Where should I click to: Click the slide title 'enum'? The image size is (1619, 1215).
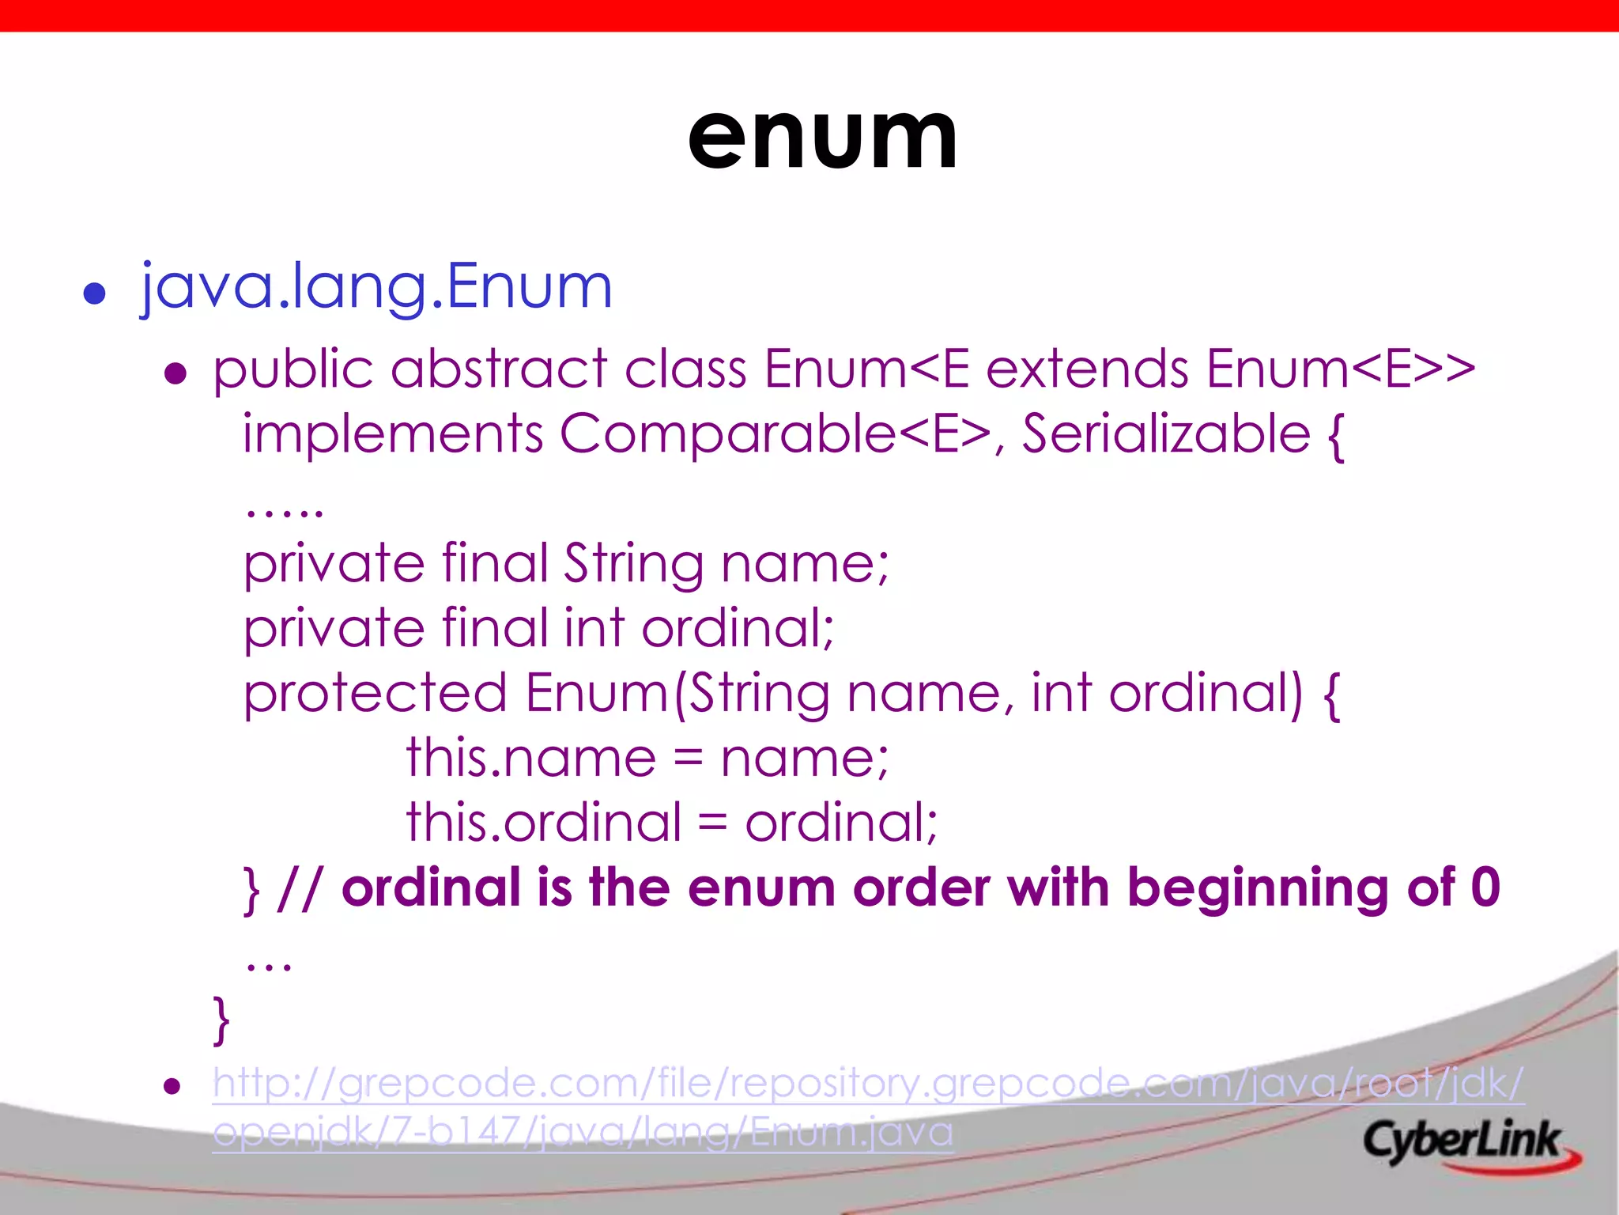822,138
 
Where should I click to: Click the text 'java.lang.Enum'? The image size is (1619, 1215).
376,286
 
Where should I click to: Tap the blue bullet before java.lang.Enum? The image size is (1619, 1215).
95,293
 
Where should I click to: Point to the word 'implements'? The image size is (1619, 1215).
393,434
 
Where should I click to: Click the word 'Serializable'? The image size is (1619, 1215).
1166,434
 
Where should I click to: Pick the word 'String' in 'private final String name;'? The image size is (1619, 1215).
633,564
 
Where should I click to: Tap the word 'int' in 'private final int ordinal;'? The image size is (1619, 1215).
594,628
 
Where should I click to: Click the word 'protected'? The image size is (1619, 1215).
375,694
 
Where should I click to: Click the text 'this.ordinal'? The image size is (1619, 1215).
544,823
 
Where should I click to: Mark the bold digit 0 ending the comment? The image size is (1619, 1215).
1485,888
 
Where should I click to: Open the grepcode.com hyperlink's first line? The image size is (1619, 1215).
868,1083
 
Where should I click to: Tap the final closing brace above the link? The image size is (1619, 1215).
221,1020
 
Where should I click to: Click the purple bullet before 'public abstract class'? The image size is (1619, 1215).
175,373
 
